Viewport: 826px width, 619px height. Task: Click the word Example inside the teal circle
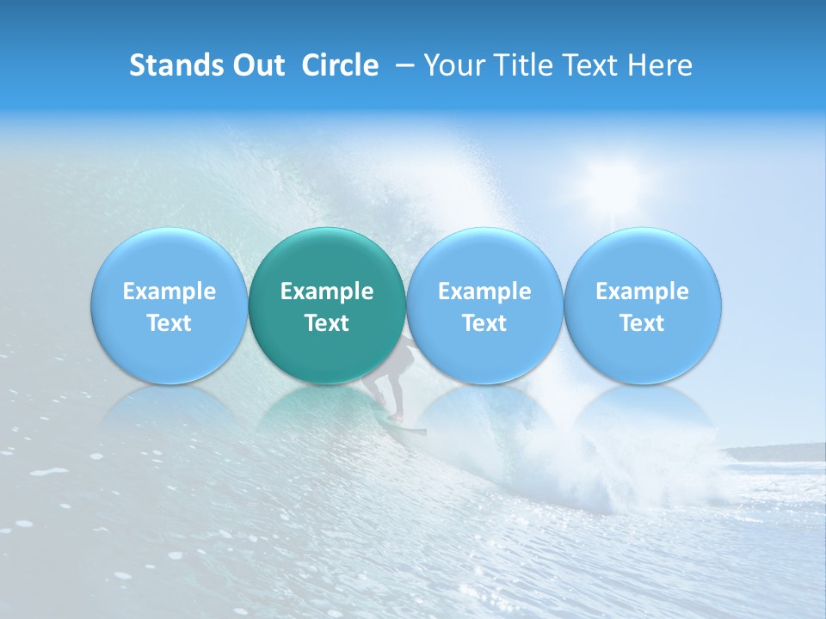tap(327, 291)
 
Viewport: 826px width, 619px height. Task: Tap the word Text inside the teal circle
tap(327, 323)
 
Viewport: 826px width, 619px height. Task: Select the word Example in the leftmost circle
tap(169, 291)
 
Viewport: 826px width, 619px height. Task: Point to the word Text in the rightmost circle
tap(643, 323)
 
